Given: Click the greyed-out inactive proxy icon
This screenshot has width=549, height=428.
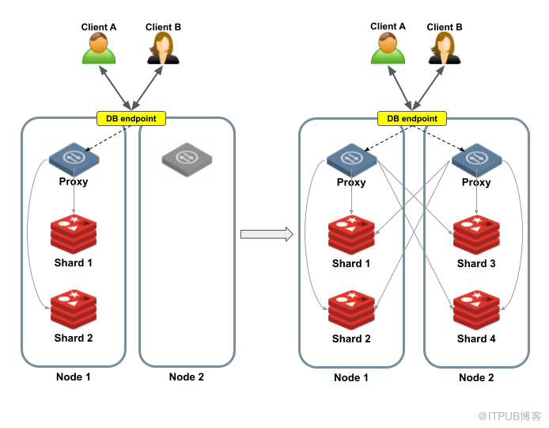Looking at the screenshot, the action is tap(187, 159).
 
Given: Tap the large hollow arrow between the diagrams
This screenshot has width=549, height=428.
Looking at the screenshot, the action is tap(267, 234).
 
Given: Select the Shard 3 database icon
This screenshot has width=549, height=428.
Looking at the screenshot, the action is tap(476, 235).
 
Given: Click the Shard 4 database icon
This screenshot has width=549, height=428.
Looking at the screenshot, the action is tap(476, 310).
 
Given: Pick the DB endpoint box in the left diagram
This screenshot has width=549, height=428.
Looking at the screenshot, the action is tap(131, 119).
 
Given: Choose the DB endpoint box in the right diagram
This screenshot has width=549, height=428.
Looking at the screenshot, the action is tap(411, 119).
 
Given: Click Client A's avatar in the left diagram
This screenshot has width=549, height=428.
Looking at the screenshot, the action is tap(99, 48).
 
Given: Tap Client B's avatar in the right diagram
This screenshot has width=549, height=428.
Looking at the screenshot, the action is tap(445, 48).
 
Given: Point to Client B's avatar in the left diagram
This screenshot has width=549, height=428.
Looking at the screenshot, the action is tap(163, 48).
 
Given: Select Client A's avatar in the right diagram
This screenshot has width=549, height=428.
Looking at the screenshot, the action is tap(388, 48).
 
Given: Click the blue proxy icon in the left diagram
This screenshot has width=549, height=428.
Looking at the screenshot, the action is tap(74, 159).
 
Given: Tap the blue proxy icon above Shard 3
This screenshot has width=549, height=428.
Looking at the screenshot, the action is tap(476, 159).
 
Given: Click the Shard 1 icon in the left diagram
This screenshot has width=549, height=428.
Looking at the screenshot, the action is tap(74, 234).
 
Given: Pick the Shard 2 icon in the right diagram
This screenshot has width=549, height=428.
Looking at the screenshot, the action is tap(351, 310).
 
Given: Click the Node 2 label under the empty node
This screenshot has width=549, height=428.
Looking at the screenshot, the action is tap(186, 376).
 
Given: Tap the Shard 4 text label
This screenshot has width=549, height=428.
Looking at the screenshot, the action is tap(476, 338).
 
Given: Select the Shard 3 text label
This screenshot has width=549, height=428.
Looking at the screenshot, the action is tap(476, 263).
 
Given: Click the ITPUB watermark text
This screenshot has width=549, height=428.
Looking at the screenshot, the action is tap(509, 416).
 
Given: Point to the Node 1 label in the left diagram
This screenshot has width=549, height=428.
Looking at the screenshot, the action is tap(74, 376).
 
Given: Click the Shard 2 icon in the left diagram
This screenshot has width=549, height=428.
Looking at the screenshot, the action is tap(74, 309).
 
